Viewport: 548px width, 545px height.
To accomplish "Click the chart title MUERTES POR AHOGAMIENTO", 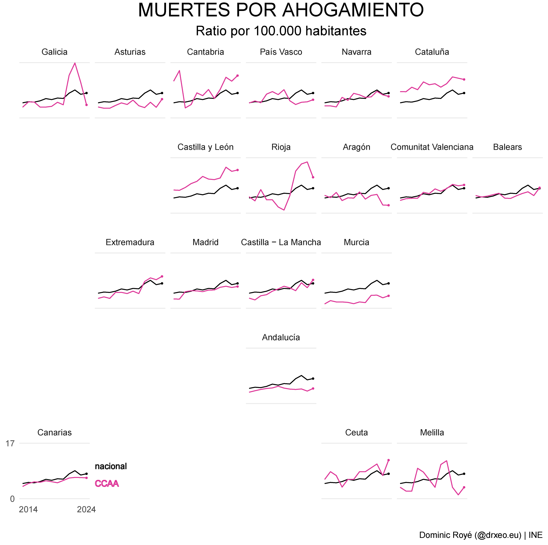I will (281, 10).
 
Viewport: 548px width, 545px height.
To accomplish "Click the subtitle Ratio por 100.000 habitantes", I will (281, 31).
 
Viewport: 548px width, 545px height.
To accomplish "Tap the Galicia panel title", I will (55, 52).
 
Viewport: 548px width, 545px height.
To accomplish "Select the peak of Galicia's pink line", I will (75, 63).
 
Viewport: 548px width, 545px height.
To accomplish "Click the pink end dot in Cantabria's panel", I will (237, 76).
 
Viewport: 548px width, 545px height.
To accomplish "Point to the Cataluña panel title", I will (432, 52).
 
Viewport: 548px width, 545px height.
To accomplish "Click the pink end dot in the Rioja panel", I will (313, 177).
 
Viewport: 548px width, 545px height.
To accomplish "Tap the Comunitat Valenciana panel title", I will (432, 147).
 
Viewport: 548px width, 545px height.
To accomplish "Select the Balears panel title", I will (507, 147).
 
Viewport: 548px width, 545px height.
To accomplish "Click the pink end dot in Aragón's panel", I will (389, 205).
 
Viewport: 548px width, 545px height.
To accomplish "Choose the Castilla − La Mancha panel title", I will (281, 242).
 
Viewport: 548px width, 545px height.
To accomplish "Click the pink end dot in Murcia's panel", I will (389, 296).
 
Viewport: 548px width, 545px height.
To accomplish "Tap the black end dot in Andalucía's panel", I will (313, 378).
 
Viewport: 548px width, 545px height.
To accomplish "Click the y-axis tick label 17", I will (10, 443).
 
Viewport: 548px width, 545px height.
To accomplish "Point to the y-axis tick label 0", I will (12, 499).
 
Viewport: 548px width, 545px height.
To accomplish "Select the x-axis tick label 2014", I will (28, 510).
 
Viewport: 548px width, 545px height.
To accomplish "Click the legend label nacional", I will (111, 466).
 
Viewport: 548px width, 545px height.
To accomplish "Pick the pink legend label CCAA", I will (107, 483).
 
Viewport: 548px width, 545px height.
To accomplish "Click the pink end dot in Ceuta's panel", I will (389, 460).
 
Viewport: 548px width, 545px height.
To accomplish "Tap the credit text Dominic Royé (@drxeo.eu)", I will (470, 535).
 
